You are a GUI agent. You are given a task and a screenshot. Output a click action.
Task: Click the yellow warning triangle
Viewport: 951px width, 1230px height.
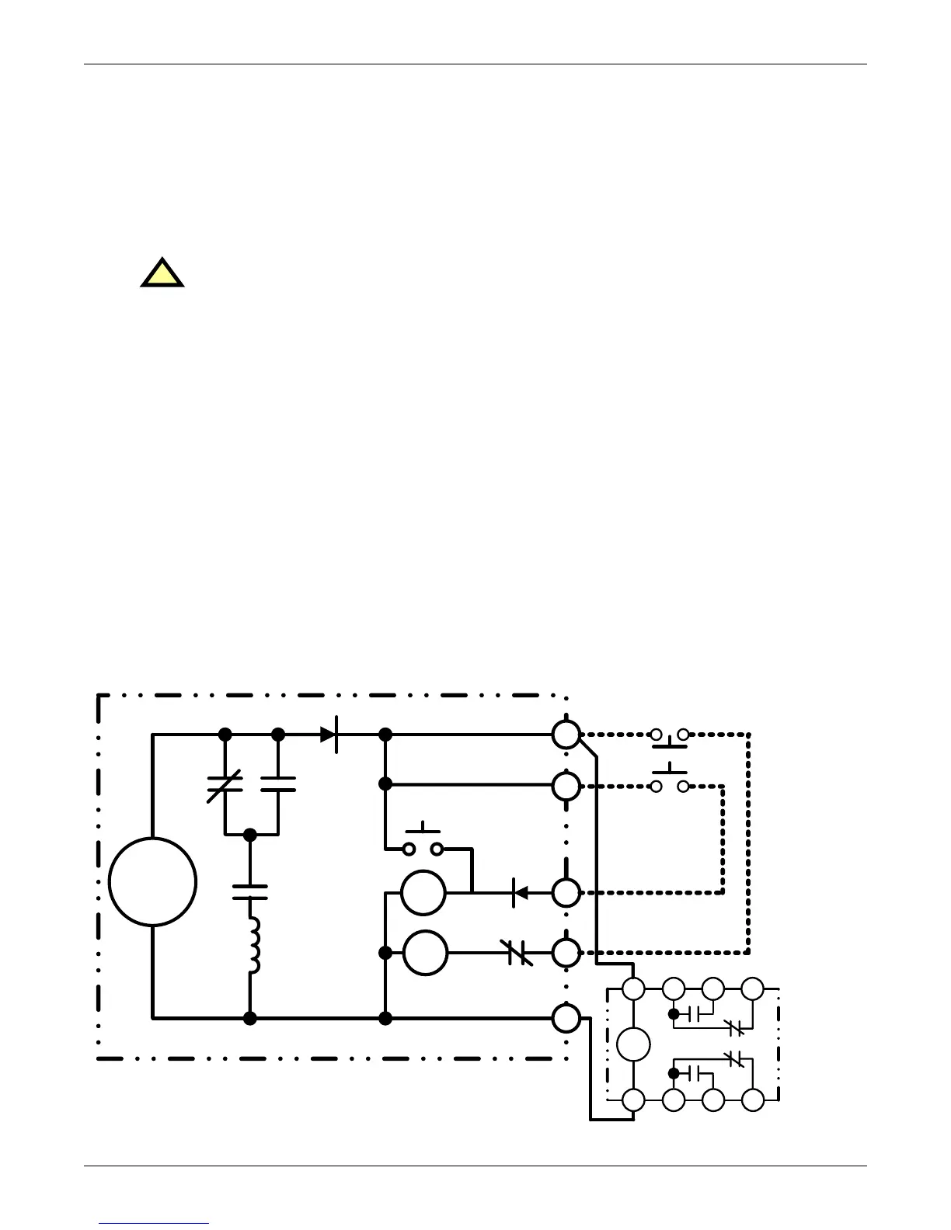[162, 275]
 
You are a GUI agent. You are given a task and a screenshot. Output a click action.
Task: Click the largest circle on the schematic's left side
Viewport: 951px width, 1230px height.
[152, 881]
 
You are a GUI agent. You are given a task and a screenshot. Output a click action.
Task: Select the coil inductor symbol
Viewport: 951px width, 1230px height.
[253, 944]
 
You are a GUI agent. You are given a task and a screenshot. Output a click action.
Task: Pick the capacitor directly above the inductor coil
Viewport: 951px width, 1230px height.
[250, 891]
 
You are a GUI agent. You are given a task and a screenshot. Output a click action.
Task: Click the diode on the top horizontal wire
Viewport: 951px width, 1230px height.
[330, 734]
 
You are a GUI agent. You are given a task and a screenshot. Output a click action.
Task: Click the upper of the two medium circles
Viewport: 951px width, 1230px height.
[423, 893]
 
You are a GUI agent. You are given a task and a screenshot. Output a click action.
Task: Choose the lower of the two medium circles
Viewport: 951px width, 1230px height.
[425, 952]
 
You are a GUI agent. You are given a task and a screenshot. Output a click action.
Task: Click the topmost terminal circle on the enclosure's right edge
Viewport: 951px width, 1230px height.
[566, 734]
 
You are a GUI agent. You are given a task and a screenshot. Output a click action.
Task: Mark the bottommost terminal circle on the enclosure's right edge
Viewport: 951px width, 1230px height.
[566, 1017]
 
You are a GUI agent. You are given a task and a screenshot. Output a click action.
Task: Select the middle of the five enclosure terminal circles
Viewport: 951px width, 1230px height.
[566, 893]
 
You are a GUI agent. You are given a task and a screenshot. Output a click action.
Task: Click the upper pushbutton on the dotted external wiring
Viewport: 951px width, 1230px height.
[670, 738]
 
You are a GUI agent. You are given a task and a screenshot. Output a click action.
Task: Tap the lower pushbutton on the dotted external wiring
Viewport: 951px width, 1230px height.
[670, 780]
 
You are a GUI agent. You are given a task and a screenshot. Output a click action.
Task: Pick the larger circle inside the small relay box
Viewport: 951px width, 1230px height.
[633, 1044]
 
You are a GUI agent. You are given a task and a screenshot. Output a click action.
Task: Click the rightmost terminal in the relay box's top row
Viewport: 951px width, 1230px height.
[752, 989]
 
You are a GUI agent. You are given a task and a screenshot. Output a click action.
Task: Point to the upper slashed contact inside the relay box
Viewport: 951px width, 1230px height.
[733, 1028]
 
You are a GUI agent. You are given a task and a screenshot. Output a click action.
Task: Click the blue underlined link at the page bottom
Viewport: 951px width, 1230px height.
[155, 1223]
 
